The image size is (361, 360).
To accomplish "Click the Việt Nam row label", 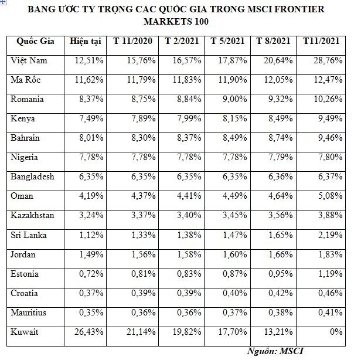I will (x=29, y=60).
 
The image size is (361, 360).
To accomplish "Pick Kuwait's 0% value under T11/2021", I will (x=336, y=332).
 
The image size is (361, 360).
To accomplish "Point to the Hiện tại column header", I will (x=85, y=41).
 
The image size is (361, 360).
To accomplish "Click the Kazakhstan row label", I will (x=32, y=216).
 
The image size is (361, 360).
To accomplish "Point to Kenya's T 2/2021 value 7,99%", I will (x=186, y=118).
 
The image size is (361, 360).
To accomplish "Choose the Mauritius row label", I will (x=29, y=313).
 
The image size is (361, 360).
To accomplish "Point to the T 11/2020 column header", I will (x=134, y=41).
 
